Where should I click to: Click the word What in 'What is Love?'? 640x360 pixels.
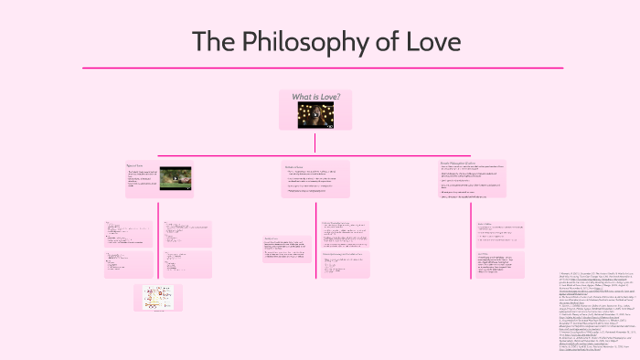click(303, 96)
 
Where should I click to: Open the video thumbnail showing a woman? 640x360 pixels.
click(315, 114)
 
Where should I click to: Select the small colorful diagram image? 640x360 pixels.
click(157, 298)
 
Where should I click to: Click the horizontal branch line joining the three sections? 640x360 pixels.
click(315, 155)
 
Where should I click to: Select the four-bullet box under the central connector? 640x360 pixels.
click(315, 180)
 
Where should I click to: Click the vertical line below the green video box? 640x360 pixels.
click(158, 247)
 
